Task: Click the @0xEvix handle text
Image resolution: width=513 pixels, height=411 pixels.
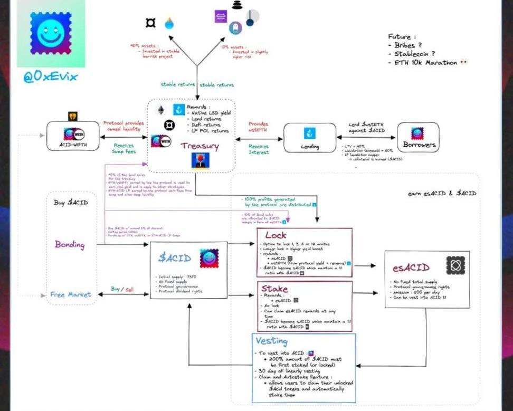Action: click(x=51, y=77)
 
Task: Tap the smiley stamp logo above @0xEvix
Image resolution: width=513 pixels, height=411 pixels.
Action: click(x=51, y=33)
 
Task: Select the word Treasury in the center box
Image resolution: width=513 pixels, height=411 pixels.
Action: click(x=199, y=146)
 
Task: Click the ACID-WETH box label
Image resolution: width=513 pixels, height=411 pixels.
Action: click(x=74, y=145)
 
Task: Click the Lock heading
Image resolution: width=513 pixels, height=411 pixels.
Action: click(x=275, y=235)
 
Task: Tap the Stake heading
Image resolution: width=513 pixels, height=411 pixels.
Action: click(x=275, y=289)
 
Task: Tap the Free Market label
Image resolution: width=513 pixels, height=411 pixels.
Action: click(x=71, y=294)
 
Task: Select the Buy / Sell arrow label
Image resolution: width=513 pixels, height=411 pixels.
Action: click(x=122, y=289)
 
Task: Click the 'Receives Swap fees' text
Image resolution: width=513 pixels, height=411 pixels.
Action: click(x=123, y=149)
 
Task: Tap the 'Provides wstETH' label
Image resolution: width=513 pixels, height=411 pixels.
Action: click(x=259, y=127)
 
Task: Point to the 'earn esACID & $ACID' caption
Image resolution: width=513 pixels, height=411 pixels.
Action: click(x=442, y=193)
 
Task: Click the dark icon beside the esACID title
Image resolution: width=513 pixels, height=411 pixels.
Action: click(x=455, y=266)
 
